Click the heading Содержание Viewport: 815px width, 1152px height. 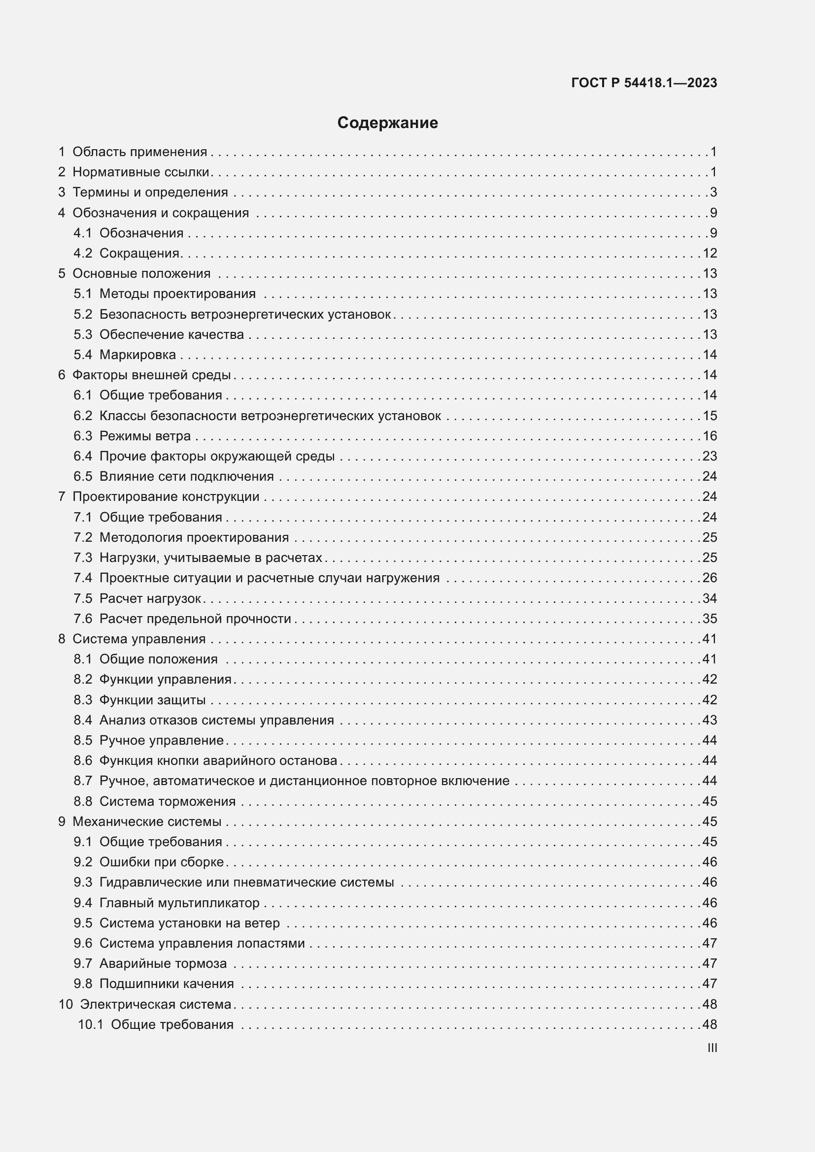(x=387, y=123)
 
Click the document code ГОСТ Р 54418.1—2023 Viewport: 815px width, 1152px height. (x=644, y=83)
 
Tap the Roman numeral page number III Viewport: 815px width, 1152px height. (x=712, y=1048)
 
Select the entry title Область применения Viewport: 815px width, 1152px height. (x=139, y=152)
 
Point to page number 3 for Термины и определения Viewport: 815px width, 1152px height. (x=713, y=193)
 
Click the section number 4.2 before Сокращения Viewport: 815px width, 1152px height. (x=83, y=253)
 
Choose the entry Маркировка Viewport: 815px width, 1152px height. (x=137, y=355)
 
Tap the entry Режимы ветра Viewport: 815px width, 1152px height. (x=145, y=436)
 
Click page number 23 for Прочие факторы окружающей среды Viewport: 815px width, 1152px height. (x=710, y=456)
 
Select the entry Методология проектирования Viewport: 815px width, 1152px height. (x=194, y=537)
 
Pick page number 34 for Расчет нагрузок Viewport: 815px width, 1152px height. (x=710, y=598)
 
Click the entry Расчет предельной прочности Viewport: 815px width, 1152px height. (x=195, y=619)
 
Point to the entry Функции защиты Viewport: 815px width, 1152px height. (x=153, y=700)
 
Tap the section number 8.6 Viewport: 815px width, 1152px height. (x=83, y=760)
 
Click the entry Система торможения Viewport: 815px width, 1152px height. (x=167, y=801)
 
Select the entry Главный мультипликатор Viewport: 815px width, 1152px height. (x=179, y=903)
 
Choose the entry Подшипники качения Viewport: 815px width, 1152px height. (x=167, y=984)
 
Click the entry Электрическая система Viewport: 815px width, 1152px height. (x=156, y=1004)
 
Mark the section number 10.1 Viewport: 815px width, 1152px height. (x=90, y=1024)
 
